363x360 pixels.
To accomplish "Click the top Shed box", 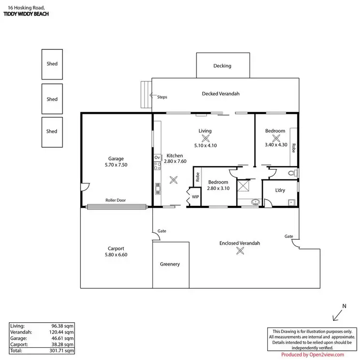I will tap(52, 64).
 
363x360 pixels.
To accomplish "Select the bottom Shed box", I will tap(52, 131).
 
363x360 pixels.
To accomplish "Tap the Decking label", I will tap(222, 66).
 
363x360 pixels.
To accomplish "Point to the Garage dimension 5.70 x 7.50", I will tap(116, 165).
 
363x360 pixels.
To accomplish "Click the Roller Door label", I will tap(116, 200).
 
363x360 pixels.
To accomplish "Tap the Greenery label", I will tap(170, 264).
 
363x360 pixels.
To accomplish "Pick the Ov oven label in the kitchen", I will tap(157, 158).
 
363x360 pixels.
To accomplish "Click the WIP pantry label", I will tap(195, 197).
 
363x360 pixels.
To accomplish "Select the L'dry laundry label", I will tap(280, 190).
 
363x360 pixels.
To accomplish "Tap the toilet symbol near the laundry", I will tap(291, 172).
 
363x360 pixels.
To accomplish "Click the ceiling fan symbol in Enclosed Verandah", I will tap(240, 250).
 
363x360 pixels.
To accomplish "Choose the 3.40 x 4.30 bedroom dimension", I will tap(276, 144).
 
